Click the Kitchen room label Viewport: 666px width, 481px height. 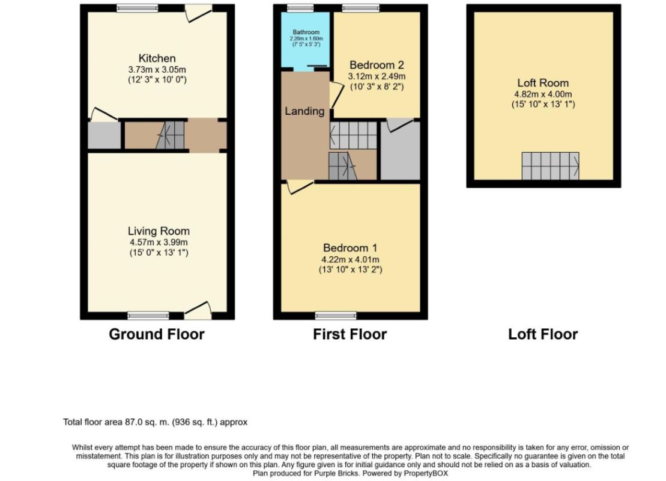[157, 58]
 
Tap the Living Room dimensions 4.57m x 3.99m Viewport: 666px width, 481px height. [159, 242]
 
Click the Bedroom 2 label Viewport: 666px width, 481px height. [377, 65]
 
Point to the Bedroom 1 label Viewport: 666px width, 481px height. [350, 248]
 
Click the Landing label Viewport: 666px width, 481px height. [304, 111]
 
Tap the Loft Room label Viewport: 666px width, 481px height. [543, 83]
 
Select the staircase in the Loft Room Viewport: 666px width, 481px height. [550, 166]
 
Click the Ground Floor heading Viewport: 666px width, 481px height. [156, 334]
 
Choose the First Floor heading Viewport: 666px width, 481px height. [350, 334]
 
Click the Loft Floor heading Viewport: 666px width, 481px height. [543, 334]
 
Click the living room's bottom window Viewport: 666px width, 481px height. [148, 315]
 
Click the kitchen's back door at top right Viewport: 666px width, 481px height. [198, 13]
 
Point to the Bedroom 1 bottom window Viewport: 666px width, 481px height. [331, 315]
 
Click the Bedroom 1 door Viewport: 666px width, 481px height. [298, 187]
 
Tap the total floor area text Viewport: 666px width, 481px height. [155, 422]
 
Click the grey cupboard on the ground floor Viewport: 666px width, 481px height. [103, 135]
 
